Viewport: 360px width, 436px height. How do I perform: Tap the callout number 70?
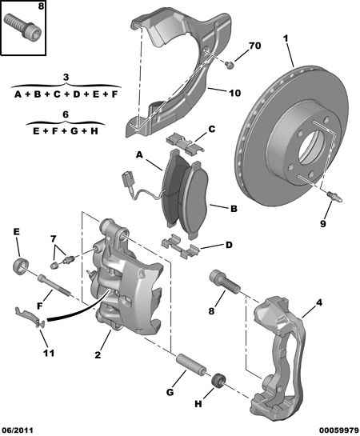(x=254, y=46)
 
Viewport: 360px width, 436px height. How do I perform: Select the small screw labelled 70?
(x=230, y=65)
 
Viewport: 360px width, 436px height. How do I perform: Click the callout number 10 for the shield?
(x=234, y=93)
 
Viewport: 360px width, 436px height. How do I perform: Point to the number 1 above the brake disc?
(x=286, y=38)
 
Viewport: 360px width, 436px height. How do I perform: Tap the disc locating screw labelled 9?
(x=334, y=197)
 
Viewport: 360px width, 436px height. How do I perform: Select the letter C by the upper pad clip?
(x=211, y=129)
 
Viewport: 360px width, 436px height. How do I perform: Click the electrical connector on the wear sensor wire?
(x=126, y=178)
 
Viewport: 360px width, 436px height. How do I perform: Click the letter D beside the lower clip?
(x=229, y=246)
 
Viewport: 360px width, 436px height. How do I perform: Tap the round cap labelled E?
(x=21, y=266)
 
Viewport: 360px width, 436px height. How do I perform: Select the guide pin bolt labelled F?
(x=54, y=286)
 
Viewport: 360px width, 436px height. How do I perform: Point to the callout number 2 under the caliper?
(x=98, y=355)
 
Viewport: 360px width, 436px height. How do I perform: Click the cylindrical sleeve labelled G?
(x=191, y=364)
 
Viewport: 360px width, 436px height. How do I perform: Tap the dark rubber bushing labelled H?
(x=218, y=381)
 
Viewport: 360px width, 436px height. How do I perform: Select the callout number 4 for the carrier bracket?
(x=319, y=302)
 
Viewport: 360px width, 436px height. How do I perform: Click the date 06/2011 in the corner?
(x=17, y=430)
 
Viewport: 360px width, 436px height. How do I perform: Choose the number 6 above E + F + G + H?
(x=66, y=114)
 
